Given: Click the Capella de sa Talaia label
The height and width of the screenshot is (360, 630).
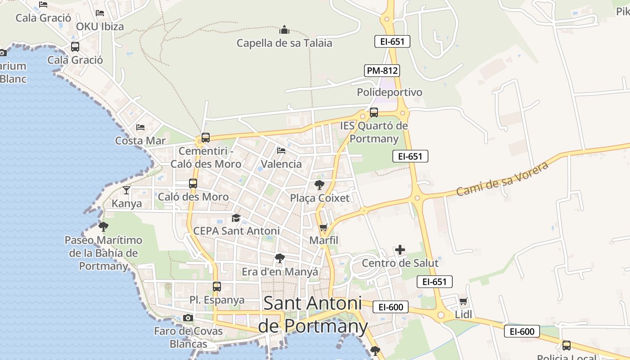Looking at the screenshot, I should tap(284, 43).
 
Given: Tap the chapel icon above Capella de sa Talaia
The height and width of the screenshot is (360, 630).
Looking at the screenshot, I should tap(284, 30).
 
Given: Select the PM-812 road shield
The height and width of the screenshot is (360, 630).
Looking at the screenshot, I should tap(382, 71).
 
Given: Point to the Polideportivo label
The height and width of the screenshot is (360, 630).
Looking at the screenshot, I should tap(390, 92).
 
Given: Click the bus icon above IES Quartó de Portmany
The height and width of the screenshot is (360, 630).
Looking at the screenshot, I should tap(373, 112).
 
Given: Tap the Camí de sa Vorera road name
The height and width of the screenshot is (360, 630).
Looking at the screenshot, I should tap(502, 179).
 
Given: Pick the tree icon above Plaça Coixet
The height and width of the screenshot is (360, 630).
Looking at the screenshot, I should tap(319, 184).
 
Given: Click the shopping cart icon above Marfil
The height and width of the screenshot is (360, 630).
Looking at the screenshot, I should tap(323, 228).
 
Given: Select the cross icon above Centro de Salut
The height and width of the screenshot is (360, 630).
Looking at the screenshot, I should tap(400, 250).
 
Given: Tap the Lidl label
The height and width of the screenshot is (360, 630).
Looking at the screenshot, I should tap(463, 314).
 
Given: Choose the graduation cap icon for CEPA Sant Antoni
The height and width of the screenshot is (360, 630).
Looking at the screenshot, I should tap(236, 218).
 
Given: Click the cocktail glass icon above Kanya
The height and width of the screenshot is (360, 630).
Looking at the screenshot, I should tap(126, 190).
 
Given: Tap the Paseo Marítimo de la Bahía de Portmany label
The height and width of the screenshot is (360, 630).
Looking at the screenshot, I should tap(103, 253).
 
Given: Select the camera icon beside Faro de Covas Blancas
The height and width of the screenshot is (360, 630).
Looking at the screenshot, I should tap(188, 318).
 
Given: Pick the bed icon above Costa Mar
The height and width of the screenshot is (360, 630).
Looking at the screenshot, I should tap(140, 127).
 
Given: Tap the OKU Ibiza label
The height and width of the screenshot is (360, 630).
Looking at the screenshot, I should tap(100, 27).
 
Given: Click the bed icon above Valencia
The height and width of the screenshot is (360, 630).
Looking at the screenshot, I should tap(281, 151).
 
